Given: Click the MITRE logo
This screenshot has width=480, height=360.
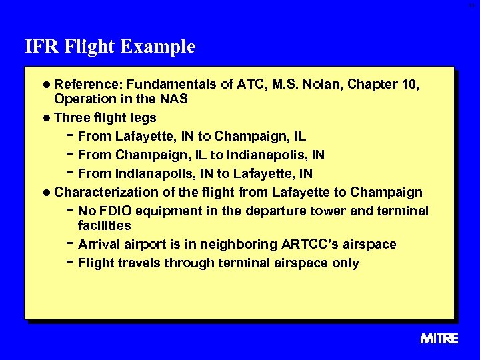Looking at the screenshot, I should click(439, 339).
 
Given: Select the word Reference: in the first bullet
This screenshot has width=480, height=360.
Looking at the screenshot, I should click(89, 85).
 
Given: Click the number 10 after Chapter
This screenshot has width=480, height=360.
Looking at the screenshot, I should click(412, 85).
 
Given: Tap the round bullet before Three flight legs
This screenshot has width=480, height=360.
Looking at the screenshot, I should click(46, 119).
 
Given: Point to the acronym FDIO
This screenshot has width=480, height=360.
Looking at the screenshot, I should click(117, 211).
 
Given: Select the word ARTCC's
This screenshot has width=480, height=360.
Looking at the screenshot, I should click(307, 245).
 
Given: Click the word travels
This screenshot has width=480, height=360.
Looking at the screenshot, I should click(139, 263).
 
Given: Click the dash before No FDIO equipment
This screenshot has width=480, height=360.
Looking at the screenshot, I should click(70, 209).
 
